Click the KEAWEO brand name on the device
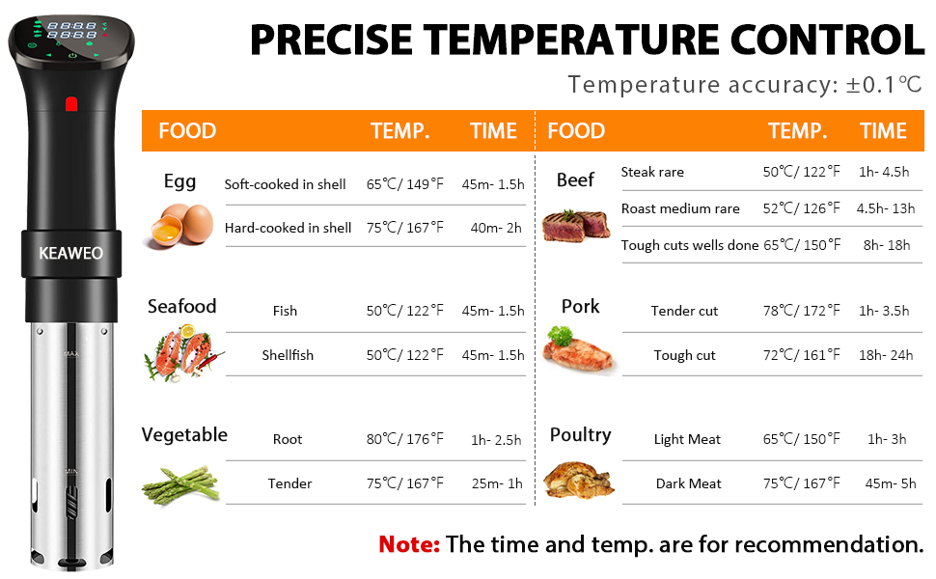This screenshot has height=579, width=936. click(x=70, y=253)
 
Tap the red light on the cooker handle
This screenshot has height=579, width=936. click(x=70, y=102)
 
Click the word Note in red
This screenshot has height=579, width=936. click(x=409, y=543)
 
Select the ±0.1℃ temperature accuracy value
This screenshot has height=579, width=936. click(x=884, y=85)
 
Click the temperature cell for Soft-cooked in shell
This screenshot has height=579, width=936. click(x=405, y=184)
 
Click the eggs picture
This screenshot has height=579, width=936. click(x=179, y=225)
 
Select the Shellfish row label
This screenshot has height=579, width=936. click(x=288, y=355)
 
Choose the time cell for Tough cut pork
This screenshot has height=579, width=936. click(x=887, y=355)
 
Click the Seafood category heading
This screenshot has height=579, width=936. click(x=181, y=307)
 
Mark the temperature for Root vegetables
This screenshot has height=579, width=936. click(x=405, y=439)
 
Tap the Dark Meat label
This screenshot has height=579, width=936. click(x=689, y=483)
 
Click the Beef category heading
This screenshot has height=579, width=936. click(x=575, y=180)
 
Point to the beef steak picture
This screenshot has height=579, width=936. click(x=576, y=225)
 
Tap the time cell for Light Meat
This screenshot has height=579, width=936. click(x=887, y=439)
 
